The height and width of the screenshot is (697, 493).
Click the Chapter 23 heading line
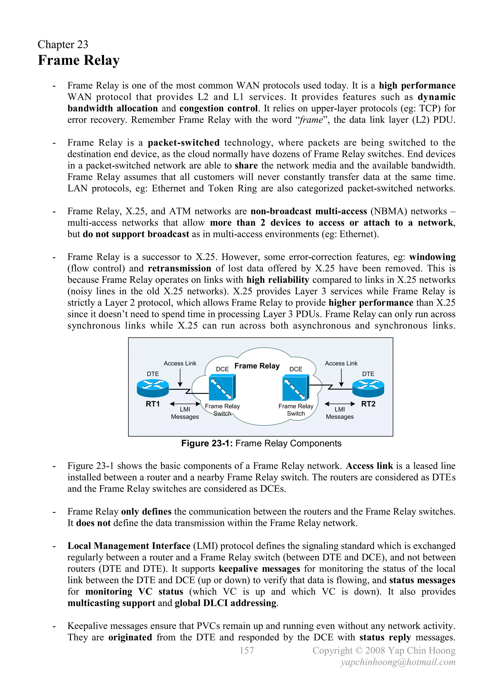[63, 45]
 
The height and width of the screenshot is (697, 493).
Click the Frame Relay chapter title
[79, 60]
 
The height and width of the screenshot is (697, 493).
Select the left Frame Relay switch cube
[222, 387]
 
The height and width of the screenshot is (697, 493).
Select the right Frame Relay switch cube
[296, 387]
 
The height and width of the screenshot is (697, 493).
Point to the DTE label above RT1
[153, 374]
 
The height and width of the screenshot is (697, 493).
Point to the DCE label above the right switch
[296, 369]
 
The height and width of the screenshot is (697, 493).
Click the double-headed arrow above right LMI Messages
[340, 404]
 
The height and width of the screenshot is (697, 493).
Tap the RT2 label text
[368, 404]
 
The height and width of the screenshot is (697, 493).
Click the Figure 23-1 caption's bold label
[207, 443]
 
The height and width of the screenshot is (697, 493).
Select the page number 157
[246, 650]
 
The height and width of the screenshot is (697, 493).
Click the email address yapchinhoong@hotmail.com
[398, 662]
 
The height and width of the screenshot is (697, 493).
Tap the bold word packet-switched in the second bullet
[184, 143]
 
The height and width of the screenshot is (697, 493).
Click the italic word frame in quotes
[311, 120]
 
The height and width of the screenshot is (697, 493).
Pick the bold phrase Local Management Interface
[129, 546]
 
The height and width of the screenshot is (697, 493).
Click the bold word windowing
[432, 257]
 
